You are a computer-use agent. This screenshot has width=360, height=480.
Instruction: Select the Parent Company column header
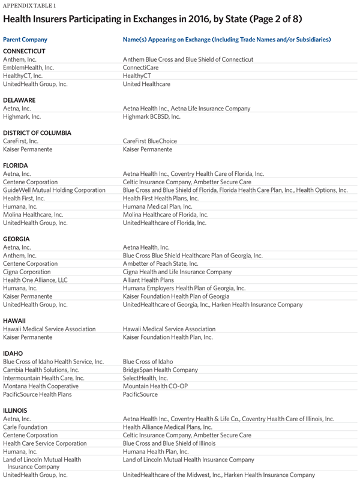[x=25, y=39]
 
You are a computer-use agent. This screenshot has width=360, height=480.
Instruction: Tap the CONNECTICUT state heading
[x=24, y=51]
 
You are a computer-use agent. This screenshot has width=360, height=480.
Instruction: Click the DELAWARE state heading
[x=19, y=100]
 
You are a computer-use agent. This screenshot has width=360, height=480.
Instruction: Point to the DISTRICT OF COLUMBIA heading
[x=37, y=133]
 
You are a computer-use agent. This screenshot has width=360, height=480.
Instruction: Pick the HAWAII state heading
[x=15, y=320]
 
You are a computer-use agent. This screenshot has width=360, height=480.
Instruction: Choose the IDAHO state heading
[x=13, y=353]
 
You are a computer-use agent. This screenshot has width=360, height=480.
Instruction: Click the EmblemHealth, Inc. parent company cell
[x=28, y=68]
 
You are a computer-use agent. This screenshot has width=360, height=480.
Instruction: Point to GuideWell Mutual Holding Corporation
[x=54, y=190]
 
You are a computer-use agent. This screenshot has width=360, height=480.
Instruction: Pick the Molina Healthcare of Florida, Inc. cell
[x=166, y=214]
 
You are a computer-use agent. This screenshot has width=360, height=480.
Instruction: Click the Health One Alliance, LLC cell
[x=35, y=280]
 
